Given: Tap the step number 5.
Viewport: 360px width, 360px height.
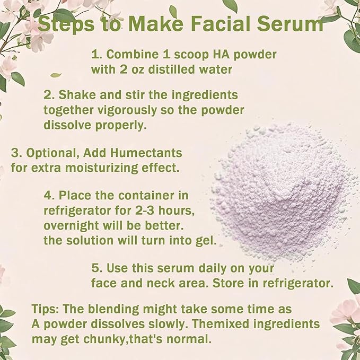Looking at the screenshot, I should [x=96, y=268].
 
